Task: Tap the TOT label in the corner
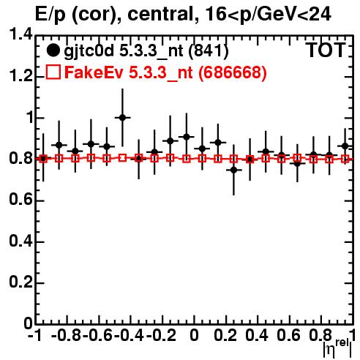coord(326,50)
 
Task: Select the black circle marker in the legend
coord(53,50)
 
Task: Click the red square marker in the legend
coord(53,72)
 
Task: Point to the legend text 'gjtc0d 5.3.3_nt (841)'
coord(146,51)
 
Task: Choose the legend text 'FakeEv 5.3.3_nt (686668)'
coord(165,72)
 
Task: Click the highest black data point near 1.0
coord(122,118)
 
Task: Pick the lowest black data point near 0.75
coord(234,170)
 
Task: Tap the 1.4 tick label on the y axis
coord(21,35)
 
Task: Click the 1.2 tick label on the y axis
coord(21,76)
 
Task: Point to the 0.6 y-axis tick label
coord(21,200)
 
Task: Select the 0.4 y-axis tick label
coord(21,241)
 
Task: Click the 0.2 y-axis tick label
coord(21,282)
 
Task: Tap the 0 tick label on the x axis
coord(194,335)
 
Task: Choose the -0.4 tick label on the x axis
coord(130,335)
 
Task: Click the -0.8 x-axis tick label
coord(67,335)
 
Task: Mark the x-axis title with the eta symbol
coord(337,348)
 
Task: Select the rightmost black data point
coord(345,146)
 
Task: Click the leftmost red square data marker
coord(43,159)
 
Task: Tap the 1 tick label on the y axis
coord(29,118)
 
